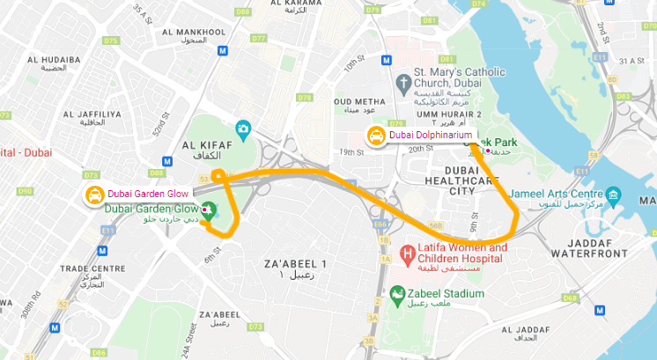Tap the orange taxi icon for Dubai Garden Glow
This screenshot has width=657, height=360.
pos(93,195)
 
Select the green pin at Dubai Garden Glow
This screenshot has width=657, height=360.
pos(209,210)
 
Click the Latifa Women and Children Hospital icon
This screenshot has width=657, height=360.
pos(407,255)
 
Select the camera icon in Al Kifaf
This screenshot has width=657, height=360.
pos(243,130)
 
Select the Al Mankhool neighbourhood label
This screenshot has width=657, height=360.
pos(203,35)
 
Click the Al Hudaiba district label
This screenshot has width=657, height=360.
pos(54,63)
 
